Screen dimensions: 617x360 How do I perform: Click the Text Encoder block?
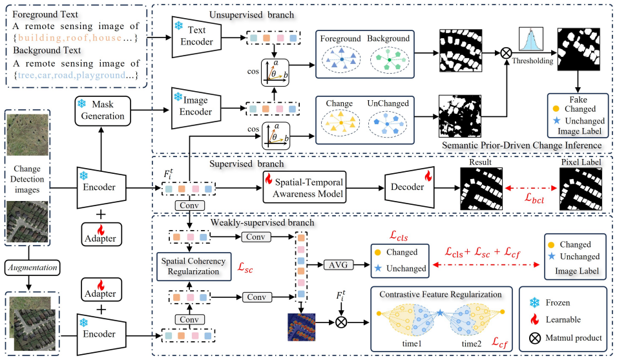click(x=197, y=36)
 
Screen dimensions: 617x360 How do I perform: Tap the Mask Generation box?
click(x=103, y=111)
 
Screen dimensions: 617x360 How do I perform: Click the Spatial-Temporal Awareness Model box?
click(x=304, y=187)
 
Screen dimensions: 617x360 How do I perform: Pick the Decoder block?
click(x=409, y=187)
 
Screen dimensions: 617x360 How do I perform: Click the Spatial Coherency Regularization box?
click(x=194, y=266)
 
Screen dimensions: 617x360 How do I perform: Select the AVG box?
click(x=338, y=265)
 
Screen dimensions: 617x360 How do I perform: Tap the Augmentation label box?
click(x=33, y=268)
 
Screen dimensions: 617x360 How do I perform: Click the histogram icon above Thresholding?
click(x=531, y=39)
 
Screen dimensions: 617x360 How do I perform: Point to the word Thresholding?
click(x=532, y=61)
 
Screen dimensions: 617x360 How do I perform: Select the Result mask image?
click(x=481, y=189)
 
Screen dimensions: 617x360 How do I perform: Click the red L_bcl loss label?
click(x=534, y=198)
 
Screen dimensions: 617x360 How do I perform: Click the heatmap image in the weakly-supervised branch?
click(x=302, y=327)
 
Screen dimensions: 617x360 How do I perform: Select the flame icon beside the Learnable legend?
click(x=534, y=319)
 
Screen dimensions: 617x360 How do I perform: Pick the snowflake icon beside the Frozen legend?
click(x=534, y=302)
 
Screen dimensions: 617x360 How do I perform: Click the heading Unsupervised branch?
click(x=251, y=15)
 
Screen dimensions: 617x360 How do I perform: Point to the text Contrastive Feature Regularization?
click(x=441, y=294)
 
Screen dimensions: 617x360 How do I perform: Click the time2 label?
click(x=472, y=343)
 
